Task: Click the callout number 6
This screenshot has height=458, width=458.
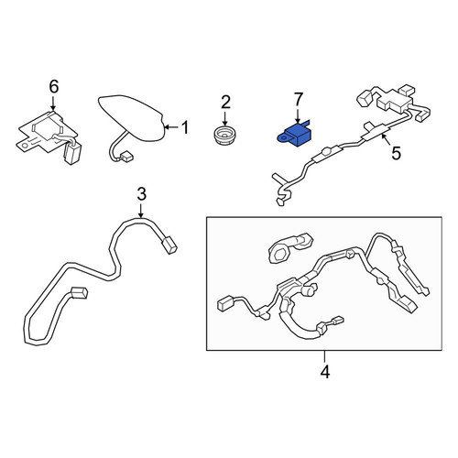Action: (x=54, y=87)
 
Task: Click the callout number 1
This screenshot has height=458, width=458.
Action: (x=185, y=127)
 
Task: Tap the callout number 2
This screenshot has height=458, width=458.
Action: (x=225, y=103)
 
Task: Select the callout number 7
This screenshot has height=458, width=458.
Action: (x=298, y=100)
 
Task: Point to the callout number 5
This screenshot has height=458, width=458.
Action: (x=396, y=153)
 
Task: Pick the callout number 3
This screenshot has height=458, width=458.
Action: (x=141, y=194)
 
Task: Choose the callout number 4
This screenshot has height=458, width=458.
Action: (x=325, y=372)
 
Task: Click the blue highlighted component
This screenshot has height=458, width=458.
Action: (x=293, y=135)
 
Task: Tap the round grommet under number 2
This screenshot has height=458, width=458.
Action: (x=224, y=135)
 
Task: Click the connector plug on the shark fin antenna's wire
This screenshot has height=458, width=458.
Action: (x=126, y=158)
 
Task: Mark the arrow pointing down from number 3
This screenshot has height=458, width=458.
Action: (x=141, y=211)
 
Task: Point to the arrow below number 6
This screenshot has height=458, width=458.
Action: (x=53, y=104)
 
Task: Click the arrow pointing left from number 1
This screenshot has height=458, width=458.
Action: (x=172, y=127)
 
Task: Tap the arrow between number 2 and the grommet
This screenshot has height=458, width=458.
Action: (x=225, y=119)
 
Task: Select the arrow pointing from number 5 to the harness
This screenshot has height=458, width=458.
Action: (x=386, y=141)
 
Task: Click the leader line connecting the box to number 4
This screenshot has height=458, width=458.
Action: (x=324, y=357)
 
